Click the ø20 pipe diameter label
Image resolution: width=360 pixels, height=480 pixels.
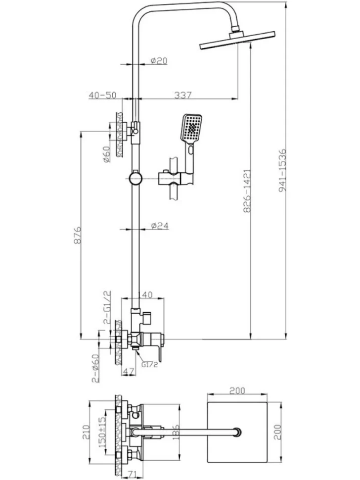pyautogui.click(x=159, y=60)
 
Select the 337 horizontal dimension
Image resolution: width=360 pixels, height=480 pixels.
pyautogui.click(x=182, y=95)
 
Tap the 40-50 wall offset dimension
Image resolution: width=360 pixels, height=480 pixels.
pyautogui.click(x=102, y=95)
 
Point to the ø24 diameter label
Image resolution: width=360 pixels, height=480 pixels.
pyautogui.click(x=160, y=226)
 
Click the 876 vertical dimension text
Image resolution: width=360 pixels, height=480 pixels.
pyautogui.click(x=78, y=235)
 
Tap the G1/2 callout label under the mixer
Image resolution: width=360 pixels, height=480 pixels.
pyautogui.click(x=149, y=364)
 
